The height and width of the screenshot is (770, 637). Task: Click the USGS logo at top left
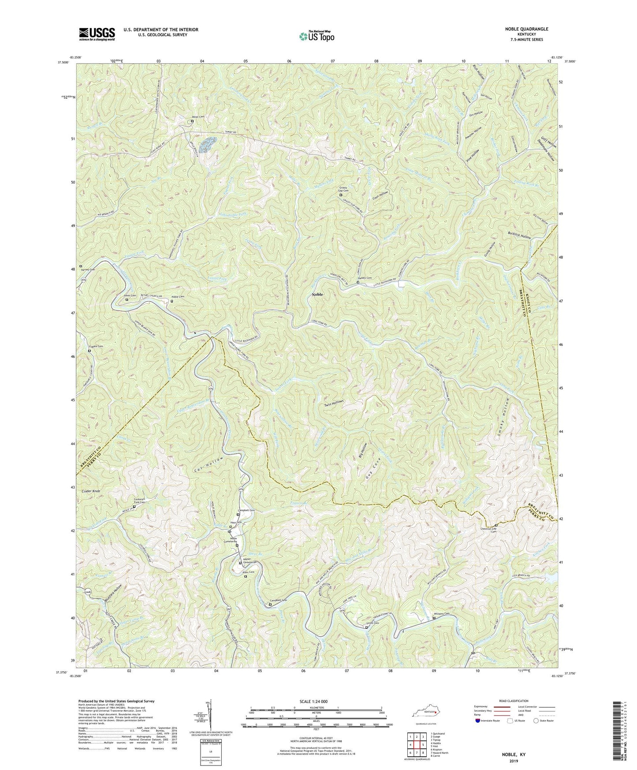coord(97,34)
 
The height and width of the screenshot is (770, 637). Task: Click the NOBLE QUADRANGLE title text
coord(527,29)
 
